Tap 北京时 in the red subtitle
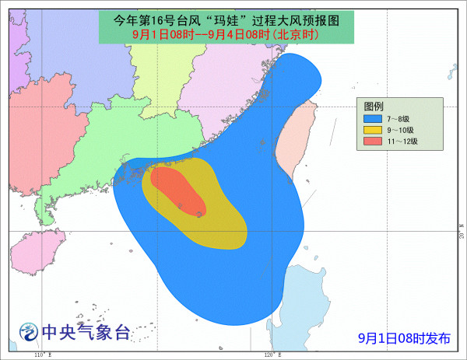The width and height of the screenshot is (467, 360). click(x=295, y=33)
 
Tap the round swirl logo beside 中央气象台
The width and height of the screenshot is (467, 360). click(x=29, y=333)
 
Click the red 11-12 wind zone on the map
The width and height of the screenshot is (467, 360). click(x=179, y=191)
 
